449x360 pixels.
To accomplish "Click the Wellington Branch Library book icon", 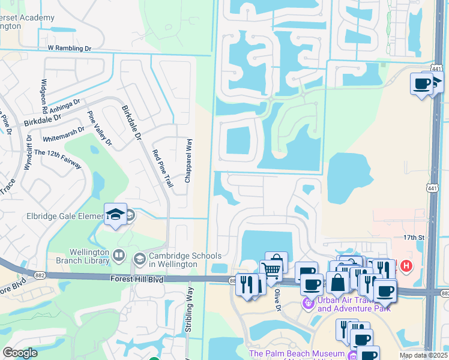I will pos(119,256).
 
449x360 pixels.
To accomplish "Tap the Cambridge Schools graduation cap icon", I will pos(139,259).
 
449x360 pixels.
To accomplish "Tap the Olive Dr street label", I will pos(278,299).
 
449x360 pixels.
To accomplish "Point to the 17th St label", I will pos(414,238).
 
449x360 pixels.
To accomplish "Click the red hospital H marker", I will pos(406,265).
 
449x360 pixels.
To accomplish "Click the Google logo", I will pos(20,353).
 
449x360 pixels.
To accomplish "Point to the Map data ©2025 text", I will pos(423,355).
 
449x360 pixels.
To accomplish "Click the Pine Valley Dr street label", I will pos(100,128).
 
